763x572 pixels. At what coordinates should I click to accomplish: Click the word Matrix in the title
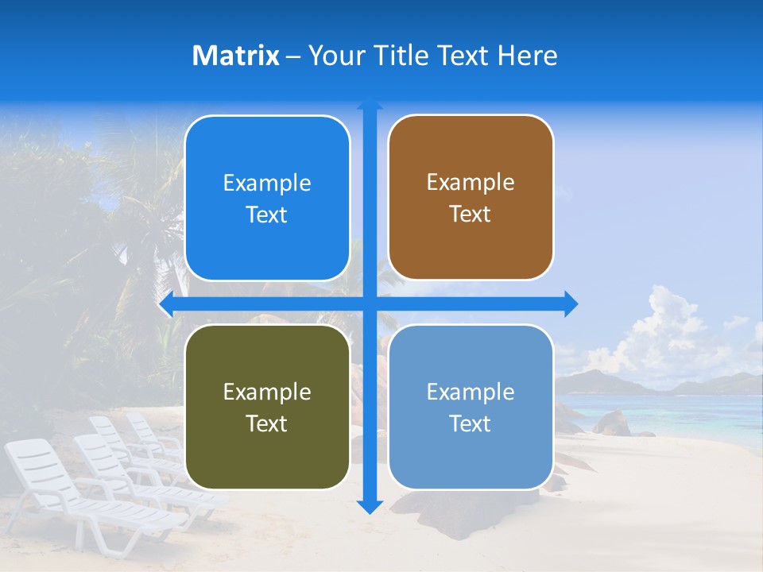pos(235,56)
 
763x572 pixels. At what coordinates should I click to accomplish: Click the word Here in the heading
pos(527,56)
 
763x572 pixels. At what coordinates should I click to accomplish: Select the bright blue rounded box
pos(267,199)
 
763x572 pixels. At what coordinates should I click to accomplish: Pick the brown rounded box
pos(471,198)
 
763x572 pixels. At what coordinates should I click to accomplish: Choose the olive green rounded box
pos(267,407)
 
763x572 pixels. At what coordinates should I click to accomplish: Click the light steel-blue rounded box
pos(471,407)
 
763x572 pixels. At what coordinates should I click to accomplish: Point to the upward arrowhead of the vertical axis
pos(370,103)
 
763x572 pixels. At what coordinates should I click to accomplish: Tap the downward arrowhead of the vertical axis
pos(370,506)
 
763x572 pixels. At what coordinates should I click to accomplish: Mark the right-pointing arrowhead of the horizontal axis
pos(571,303)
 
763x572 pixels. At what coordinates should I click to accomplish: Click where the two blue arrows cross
pos(370,303)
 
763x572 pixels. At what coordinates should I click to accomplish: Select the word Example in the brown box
pos(471,182)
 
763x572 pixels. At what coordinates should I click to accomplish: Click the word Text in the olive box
pos(267,423)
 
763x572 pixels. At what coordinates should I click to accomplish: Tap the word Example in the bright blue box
pos(267,183)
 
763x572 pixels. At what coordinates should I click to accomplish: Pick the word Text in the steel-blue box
pos(471,423)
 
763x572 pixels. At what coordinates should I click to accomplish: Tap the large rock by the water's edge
pos(612,423)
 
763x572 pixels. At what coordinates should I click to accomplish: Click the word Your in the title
pos(335,56)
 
